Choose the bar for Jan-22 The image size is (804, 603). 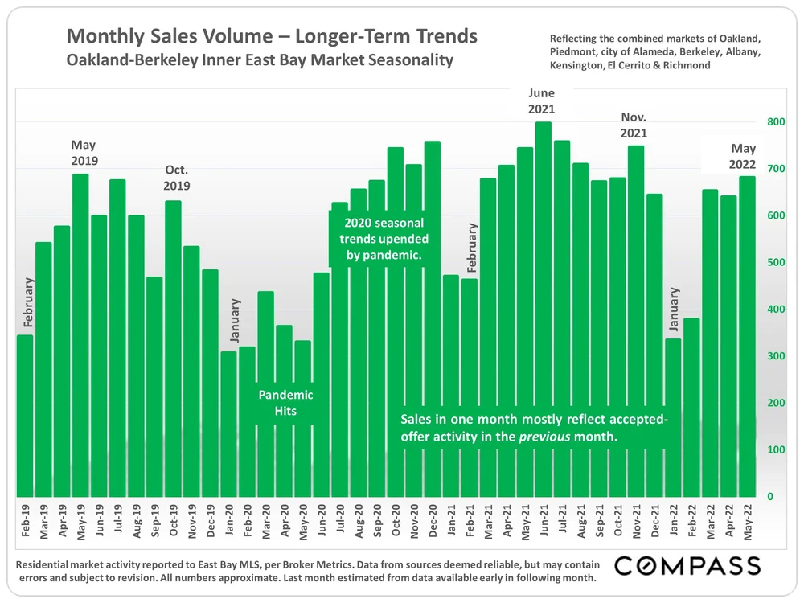(673, 417)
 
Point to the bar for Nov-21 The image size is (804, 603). (636, 321)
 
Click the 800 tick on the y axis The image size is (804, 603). (774, 122)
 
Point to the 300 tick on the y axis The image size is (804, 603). (774, 356)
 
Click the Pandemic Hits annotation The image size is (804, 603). (285, 403)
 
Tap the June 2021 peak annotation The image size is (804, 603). (542, 101)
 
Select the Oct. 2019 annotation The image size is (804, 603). (176, 177)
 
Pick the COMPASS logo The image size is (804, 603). (687, 565)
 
